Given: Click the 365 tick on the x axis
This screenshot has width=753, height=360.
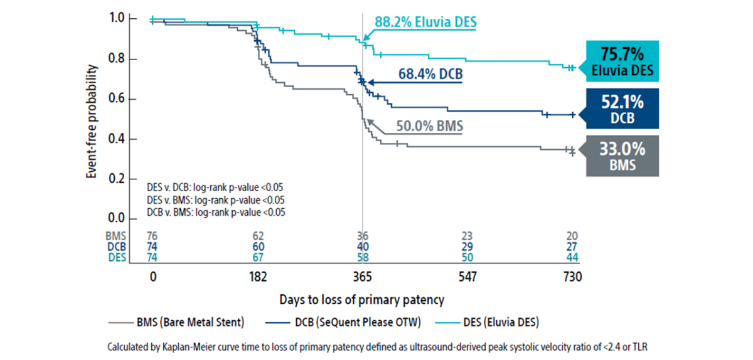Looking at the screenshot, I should click(363, 277).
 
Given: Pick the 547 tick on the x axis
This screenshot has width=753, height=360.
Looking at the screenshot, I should click(468, 277).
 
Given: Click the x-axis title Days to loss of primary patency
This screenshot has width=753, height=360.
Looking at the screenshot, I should click(363, 300).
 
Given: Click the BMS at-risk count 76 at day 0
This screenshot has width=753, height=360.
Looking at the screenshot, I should click(152, 236).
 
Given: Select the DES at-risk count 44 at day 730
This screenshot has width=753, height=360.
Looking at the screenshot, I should click(573, 258).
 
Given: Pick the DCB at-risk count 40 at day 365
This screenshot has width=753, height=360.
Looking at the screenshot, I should click(363, 247).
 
